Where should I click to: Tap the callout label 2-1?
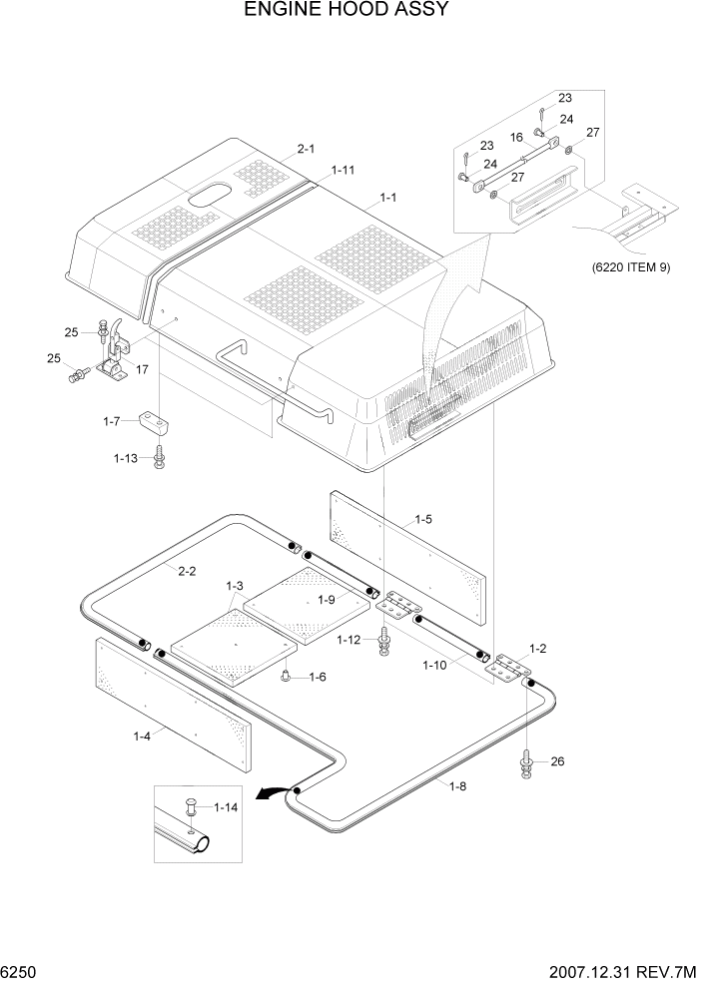coord(306,150)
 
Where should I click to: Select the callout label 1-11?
coord(343,171)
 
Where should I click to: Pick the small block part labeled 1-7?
coord(157,423)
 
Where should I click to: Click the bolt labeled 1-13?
coord(159,460)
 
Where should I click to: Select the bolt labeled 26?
coord(526,764)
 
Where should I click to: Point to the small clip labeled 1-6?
coord(287,678)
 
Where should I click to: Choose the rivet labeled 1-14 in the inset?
coord(190,810)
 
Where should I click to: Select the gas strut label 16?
coord(517,137)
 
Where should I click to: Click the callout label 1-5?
coord(423,519)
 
